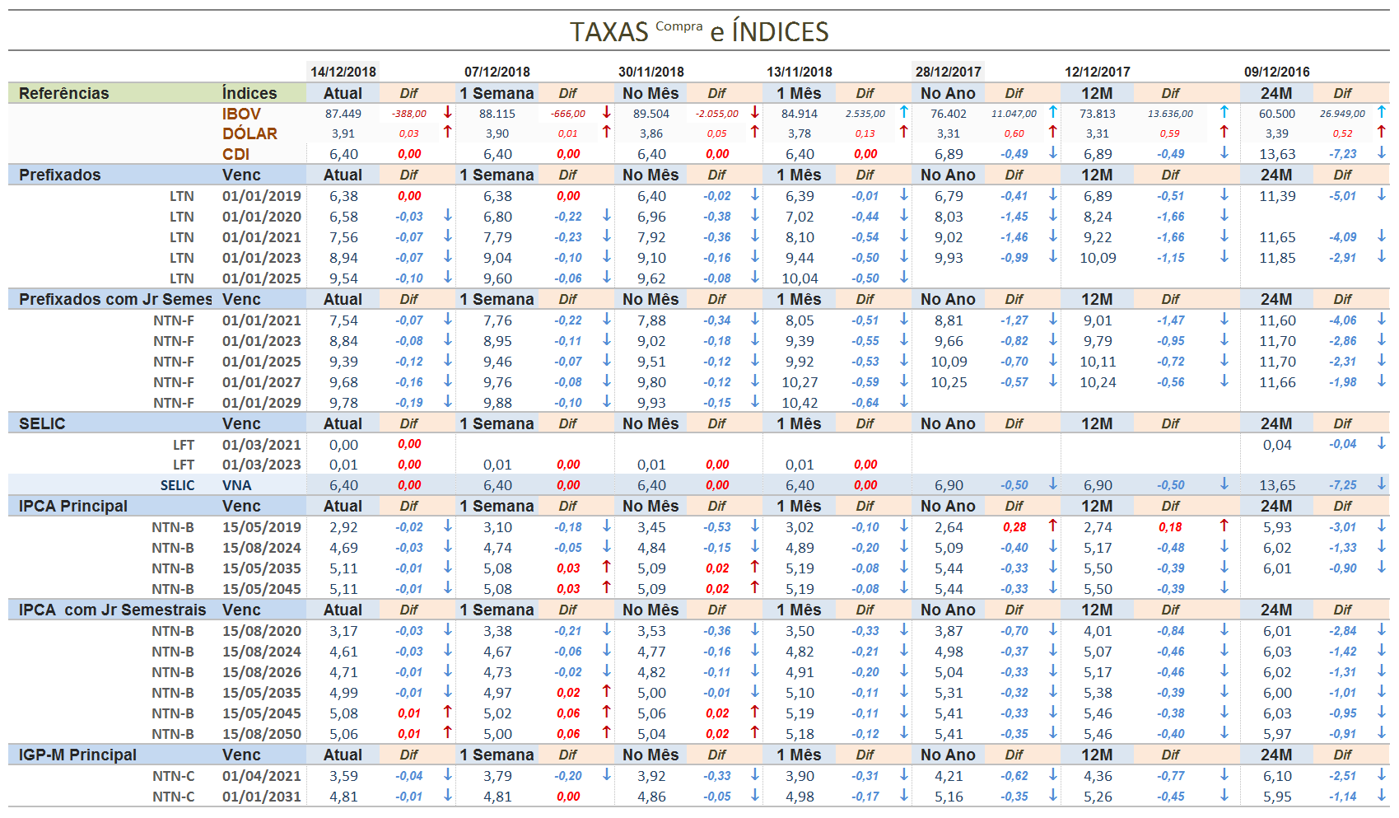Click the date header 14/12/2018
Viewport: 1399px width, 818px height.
tap(343, 72)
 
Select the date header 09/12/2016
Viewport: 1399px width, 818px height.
tap(1276, 72)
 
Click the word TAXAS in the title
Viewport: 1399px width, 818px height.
tap(609, 32)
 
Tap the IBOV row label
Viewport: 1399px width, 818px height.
tap(241, 114)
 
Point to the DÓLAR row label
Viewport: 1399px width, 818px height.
tap(249, 133)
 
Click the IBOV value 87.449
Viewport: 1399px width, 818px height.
tap(343, 114)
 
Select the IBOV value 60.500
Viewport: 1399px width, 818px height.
tap(1276, 114)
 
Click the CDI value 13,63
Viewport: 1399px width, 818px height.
tap(1276, 154)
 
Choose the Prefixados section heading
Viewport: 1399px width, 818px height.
tap(60, 175)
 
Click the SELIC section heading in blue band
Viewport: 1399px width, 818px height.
tap(42, 423)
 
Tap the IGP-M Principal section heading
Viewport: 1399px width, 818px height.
tap(77, 755)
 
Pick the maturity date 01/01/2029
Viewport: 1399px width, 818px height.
tap(261, 403)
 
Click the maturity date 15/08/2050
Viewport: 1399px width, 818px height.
tap(261, 734)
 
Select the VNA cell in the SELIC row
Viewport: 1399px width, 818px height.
tap(236, 485)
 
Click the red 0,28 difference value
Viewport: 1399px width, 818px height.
tap(1014, 527)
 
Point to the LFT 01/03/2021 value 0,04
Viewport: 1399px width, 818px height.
tap(1276, 445)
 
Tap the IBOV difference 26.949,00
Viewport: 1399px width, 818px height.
tap(1341, 114)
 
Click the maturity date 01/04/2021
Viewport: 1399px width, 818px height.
tap(261, 776)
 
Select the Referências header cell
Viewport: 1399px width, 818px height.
tap(64, 93)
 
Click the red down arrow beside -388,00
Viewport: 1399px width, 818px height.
tap(448, 112)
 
